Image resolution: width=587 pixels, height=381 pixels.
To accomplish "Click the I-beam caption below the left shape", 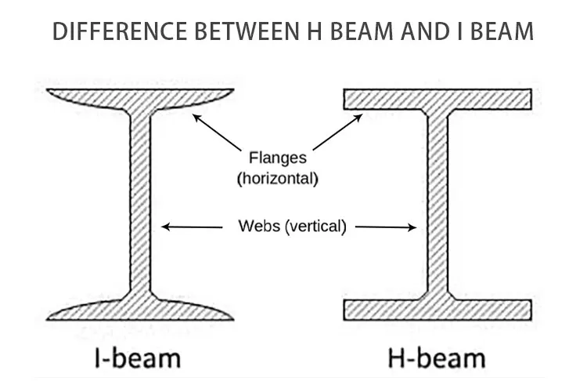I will (x=138, y=358).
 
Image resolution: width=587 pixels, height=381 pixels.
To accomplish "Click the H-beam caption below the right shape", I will (x=436, y=358).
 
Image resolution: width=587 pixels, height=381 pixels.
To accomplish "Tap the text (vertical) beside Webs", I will (x=315, y=227).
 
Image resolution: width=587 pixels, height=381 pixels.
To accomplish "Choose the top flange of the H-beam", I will (x=438, y=99).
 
